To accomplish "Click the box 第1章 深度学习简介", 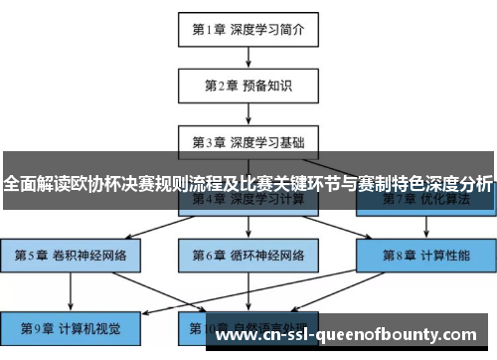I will point(248,29).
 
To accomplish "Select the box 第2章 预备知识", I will point(248,86).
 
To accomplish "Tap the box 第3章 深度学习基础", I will point(248,141).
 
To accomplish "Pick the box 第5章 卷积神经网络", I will point(71,255).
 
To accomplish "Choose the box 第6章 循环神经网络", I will point(248,255).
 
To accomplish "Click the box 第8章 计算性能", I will point(426,255).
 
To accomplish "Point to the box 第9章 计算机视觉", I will point(71,326).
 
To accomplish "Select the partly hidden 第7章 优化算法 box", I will point(426,200).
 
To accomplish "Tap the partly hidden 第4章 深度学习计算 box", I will point(248,200).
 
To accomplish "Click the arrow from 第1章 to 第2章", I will point(248,57).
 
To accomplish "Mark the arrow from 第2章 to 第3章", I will point(248,113).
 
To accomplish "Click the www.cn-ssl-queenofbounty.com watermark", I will point(353,334).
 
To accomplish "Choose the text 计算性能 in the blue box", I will point(444,255).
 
